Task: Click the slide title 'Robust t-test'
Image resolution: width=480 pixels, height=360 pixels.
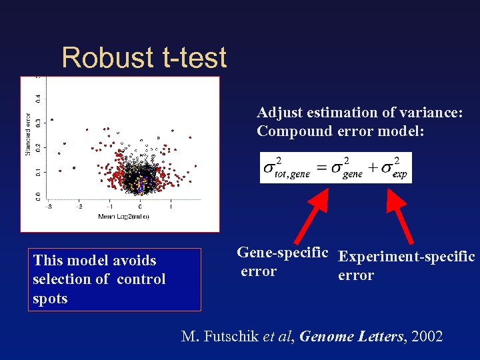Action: tap(144, 58)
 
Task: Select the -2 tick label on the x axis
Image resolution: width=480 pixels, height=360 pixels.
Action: tap(78, 207)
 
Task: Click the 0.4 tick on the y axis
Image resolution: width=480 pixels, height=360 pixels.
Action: tap(38, 98)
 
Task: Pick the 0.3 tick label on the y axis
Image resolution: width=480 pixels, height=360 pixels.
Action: tap(38, 123)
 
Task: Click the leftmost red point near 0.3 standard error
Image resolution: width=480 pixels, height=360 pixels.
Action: tap(52, 120)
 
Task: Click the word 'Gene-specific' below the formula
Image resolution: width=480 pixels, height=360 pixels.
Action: tap(283, 253)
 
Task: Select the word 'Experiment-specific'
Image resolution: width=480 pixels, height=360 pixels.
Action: tap(407, 256)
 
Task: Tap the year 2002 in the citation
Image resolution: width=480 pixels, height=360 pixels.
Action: tap(427, 336)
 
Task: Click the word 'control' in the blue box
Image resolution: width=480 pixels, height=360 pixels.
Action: tap(141, 279)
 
